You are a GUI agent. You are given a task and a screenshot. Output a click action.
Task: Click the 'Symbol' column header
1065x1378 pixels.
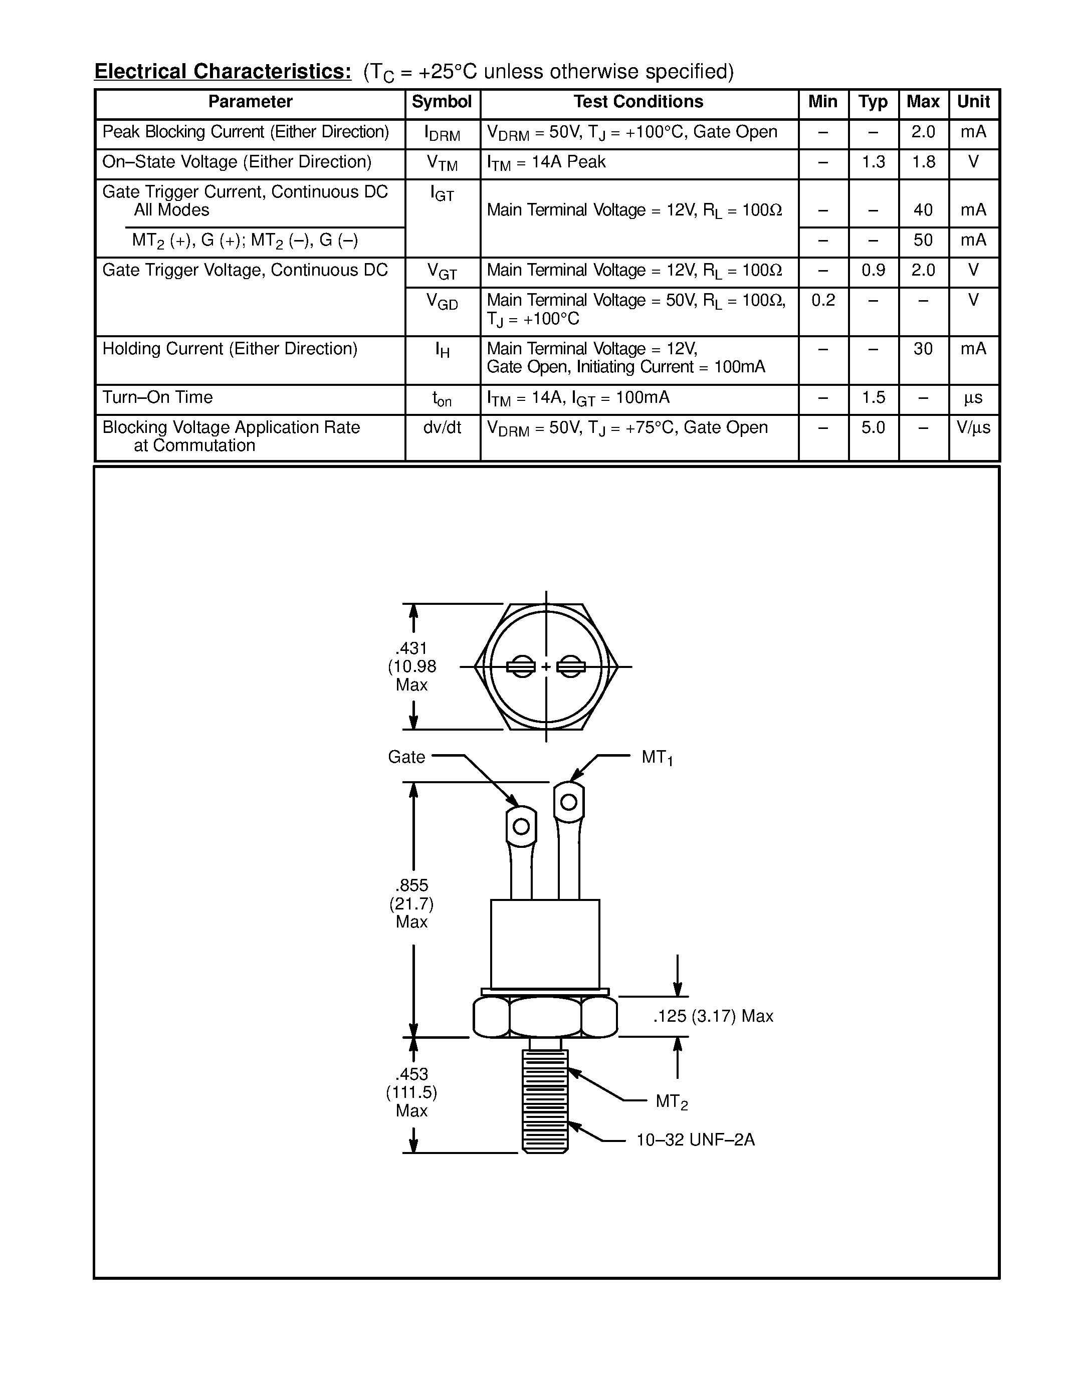coord(442,102)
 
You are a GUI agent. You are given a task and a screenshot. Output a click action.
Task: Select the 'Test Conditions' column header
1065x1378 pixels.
coord(638,102)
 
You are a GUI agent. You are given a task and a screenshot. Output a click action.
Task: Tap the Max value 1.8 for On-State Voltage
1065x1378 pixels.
coord(923,162)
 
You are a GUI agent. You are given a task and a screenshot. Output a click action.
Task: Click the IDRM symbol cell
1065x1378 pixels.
coord(442,134)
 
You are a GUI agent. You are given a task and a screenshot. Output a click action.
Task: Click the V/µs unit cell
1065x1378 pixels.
coord(973,428)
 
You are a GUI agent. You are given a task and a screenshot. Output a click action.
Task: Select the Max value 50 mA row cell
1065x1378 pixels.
coord(923,241)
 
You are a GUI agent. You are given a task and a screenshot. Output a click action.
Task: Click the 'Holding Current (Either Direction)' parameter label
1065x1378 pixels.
coord(230,349)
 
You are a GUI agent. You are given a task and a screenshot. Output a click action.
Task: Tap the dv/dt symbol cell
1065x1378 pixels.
coord(442,428)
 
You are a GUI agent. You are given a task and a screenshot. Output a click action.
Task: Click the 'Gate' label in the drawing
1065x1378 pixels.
coord(406,757)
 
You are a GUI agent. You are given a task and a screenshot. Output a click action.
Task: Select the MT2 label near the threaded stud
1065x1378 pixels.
coord(671,1101)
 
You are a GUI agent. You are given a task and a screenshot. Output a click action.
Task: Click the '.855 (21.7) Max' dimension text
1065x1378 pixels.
coord(411,903)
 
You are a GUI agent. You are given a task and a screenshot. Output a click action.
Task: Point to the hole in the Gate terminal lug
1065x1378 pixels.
coord(521,826)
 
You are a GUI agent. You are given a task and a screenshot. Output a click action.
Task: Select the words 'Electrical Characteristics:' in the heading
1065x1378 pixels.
coord(223,72)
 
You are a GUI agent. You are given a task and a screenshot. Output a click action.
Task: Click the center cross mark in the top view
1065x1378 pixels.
coord(546,666)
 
